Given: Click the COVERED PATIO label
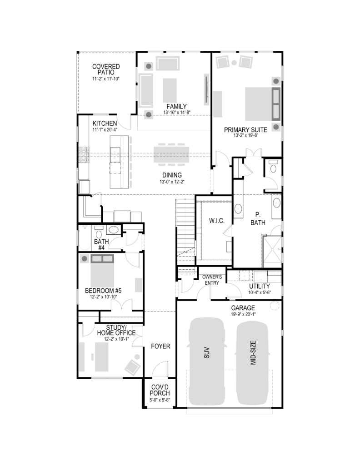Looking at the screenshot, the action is tap(106, 69).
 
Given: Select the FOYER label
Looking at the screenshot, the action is tap(160, 346).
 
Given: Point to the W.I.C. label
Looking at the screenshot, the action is tap(217, 221).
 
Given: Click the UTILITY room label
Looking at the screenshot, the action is tap(260, 286).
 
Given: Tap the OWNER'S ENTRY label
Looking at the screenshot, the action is tap(212, 280).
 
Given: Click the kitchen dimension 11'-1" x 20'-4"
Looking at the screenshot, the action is tap(105, 129).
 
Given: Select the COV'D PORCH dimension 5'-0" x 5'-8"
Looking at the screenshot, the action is tap(160, 400).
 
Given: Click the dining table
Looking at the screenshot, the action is tap(171, 153).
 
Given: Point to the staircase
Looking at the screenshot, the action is tap(185, 231).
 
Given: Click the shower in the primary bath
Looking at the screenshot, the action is tap(272, 250).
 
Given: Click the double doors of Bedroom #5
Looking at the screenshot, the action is tap(122, 305).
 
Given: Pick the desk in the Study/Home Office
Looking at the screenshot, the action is tap(101, 357).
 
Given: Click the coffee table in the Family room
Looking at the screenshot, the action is tap(170, 90).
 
